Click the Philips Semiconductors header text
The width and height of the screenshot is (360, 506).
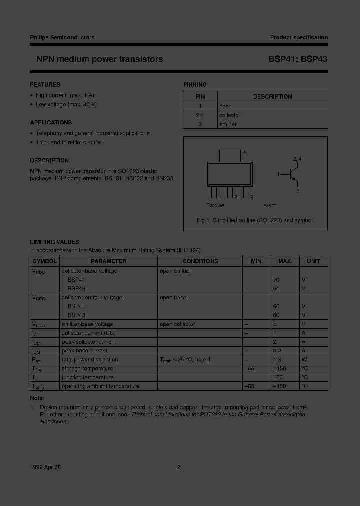click(62, 37)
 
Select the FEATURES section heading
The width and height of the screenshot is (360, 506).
click(45, 85)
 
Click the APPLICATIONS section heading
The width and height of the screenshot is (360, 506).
click(51, 122)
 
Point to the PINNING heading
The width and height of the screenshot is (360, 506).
click(195, 85)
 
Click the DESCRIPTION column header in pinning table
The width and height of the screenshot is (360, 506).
click(272, 97)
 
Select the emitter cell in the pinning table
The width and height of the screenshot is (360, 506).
click(228, 124)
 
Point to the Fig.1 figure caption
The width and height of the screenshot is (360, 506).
click(255, 220)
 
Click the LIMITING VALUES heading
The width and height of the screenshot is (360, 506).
click(54, 242)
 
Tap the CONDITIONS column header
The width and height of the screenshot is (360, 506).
click(200, 261)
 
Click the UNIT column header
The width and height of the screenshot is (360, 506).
click(313, 261)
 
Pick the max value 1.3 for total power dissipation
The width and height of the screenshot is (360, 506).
click(285, 360)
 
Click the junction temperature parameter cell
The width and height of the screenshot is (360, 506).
click(87, 377)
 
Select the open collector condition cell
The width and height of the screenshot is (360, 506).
click(178, 324)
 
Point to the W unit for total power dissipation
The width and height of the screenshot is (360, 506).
click(303, 360)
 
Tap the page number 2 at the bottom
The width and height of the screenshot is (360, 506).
click(179, 467)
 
